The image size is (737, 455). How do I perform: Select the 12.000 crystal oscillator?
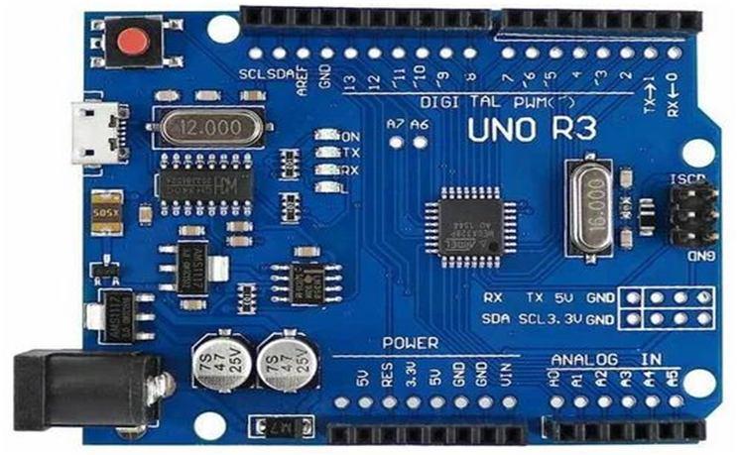[204, 127]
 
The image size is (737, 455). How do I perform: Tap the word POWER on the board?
[411, 343]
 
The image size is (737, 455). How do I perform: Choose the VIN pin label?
[508, 380]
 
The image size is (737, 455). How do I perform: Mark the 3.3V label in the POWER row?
[411, 379]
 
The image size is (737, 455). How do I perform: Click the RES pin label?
[386, 379]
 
